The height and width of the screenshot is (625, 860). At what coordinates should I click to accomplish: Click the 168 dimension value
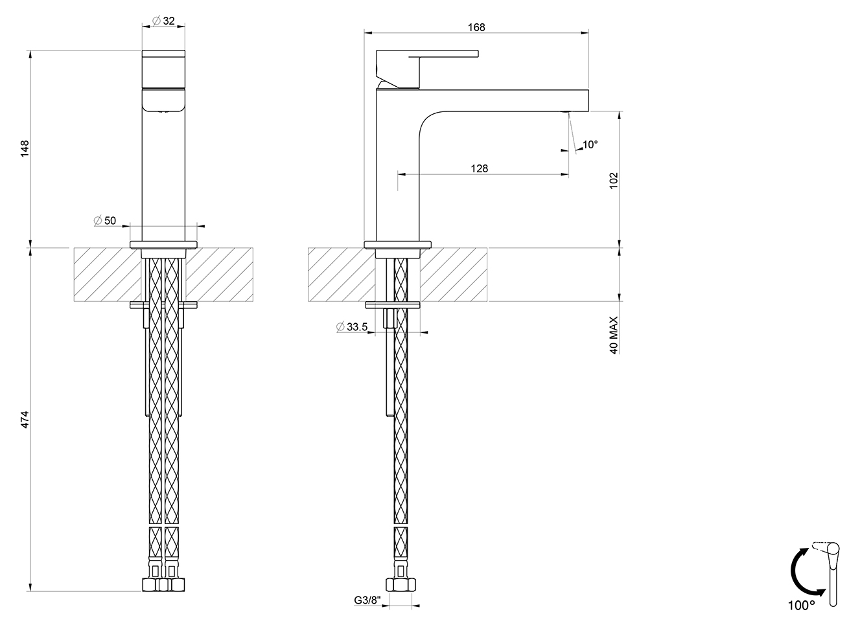476,27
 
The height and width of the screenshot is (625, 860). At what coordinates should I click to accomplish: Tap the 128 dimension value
479,168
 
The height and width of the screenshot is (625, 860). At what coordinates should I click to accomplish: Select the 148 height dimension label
25,148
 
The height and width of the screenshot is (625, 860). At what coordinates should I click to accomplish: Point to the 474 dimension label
25,419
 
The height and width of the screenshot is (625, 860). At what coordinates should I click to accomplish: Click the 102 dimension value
614,180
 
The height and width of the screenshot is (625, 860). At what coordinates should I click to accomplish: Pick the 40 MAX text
614,335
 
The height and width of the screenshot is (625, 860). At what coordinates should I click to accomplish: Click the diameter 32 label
163,21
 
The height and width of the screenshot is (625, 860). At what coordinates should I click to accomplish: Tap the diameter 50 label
105,221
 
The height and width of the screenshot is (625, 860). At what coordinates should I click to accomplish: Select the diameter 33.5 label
352,327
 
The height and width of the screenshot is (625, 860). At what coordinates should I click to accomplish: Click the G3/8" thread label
367,600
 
